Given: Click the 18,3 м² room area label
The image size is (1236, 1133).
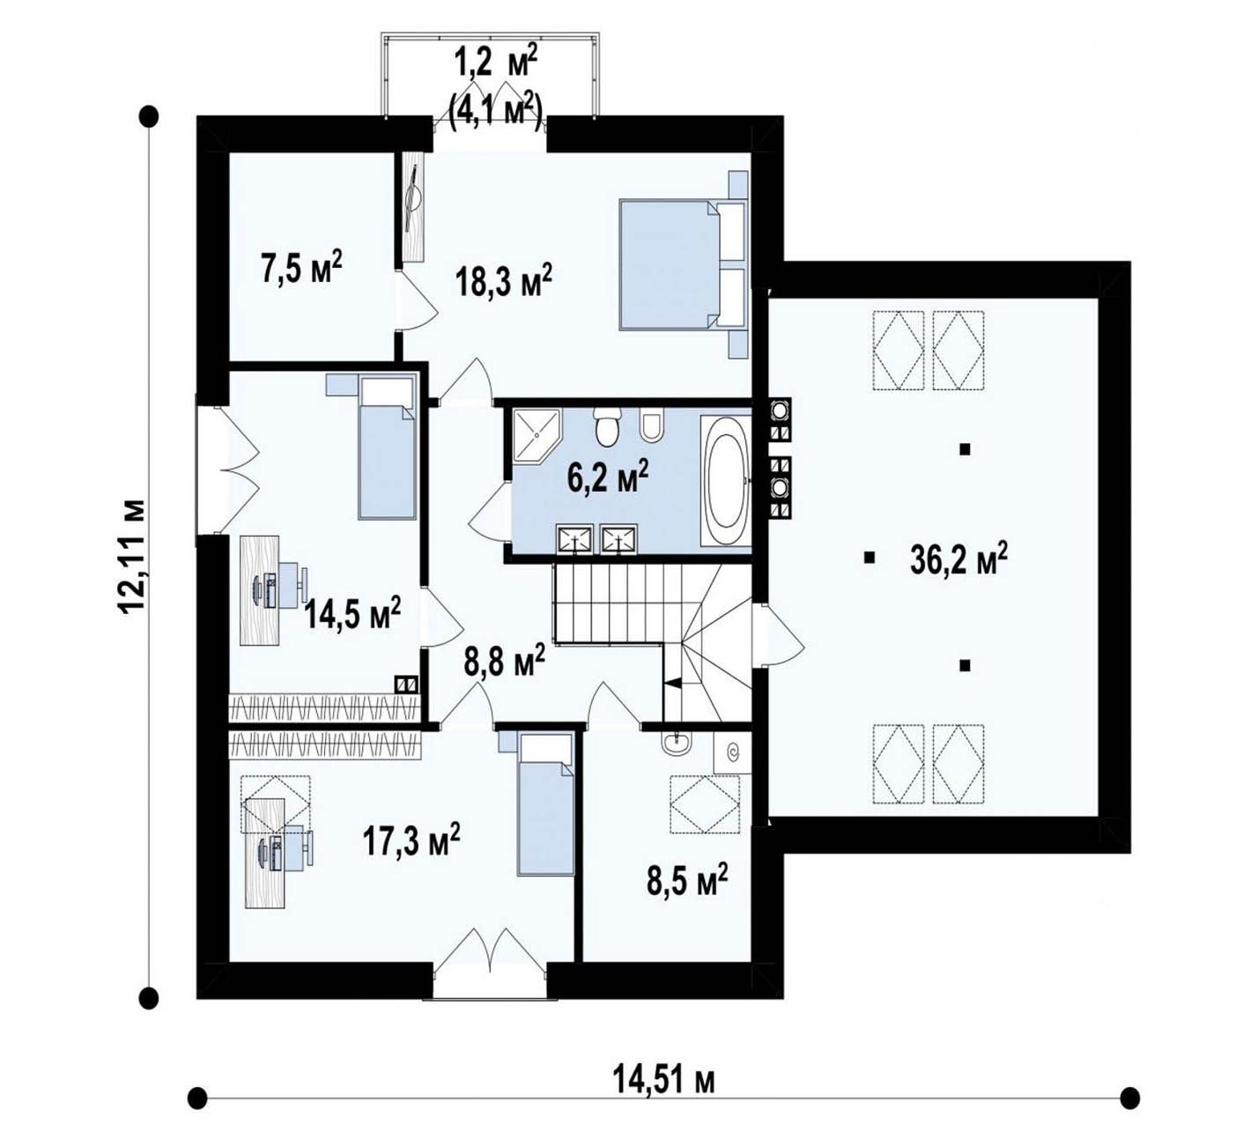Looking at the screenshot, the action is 503,281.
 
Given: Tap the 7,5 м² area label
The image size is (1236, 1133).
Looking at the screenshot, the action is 301,267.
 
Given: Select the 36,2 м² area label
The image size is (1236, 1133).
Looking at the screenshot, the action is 958,559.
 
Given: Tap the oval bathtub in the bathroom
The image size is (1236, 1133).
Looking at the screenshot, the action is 726,481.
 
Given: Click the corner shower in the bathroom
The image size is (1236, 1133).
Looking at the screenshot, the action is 536,435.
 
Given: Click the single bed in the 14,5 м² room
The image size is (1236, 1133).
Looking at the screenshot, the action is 387,448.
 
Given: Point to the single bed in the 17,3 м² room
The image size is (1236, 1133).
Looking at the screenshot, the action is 546,803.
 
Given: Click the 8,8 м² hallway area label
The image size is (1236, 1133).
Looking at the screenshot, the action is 503,662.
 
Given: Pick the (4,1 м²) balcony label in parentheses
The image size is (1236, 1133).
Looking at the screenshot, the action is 495,114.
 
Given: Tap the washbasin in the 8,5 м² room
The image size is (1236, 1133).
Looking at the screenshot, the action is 677,744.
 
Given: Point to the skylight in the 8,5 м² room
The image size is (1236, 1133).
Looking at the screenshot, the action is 705,805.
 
